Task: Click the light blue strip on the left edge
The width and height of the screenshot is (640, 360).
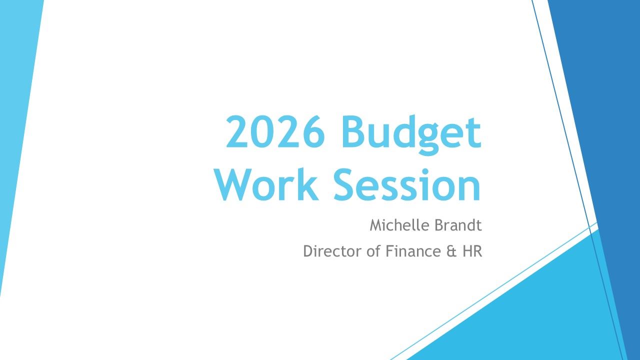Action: tap(15, 125)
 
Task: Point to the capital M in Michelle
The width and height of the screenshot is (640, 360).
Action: tap(375, 225)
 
